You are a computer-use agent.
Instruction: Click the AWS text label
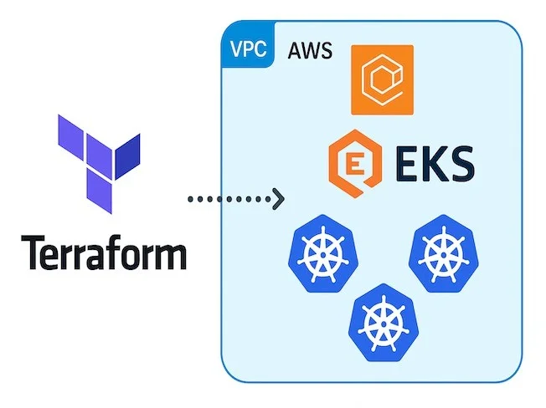(310, 51)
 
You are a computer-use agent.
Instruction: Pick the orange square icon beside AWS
(382, 79)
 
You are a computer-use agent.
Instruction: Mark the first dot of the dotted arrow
(189, 199)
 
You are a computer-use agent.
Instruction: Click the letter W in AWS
(310, 51)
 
